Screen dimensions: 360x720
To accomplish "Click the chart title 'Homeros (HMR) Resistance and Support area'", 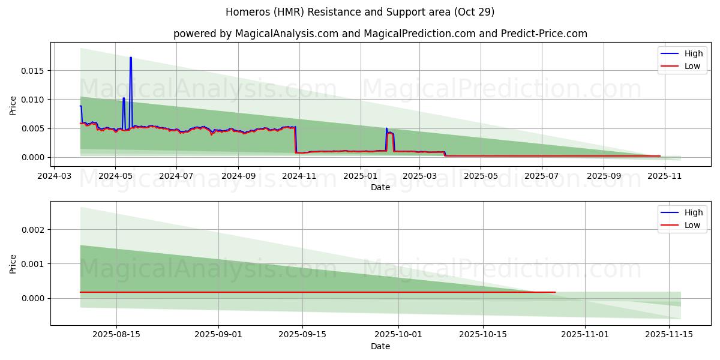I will point(360,12).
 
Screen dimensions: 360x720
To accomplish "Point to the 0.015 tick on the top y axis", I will point(34,71).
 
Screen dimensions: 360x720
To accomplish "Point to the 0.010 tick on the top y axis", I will point(34,100).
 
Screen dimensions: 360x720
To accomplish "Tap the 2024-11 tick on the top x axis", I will point(299,176).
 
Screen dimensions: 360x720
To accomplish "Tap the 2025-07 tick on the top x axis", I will point(542,176).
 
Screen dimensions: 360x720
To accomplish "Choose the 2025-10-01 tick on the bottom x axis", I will point(398,335).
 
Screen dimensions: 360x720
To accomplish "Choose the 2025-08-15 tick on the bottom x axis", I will point(116,335).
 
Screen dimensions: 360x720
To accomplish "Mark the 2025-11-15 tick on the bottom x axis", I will point(668,335).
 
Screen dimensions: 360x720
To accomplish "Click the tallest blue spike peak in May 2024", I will point(130,58).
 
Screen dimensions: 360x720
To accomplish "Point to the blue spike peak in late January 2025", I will point(386,128).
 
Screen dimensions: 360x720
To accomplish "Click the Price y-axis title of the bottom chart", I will point(13,263).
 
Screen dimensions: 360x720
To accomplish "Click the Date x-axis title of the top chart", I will point(380,187).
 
